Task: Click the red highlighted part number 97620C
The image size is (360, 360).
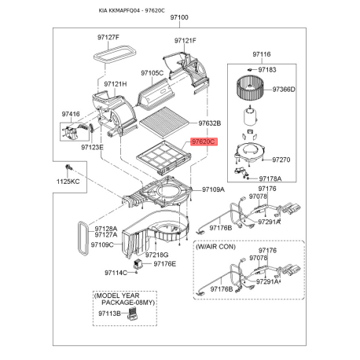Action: pos(202,143)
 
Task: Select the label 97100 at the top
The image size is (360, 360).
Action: pos(180,17)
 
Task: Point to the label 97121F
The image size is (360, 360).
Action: pos(186,39)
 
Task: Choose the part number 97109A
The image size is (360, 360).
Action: pos(214,189)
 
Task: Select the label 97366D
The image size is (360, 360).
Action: pos(281,89)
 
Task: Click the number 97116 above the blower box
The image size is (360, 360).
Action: pos(261,53)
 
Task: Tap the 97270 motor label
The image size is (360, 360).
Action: pos(281,160)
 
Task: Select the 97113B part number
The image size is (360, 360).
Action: pos(109,313)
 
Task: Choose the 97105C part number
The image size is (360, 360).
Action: pos(152,73)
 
